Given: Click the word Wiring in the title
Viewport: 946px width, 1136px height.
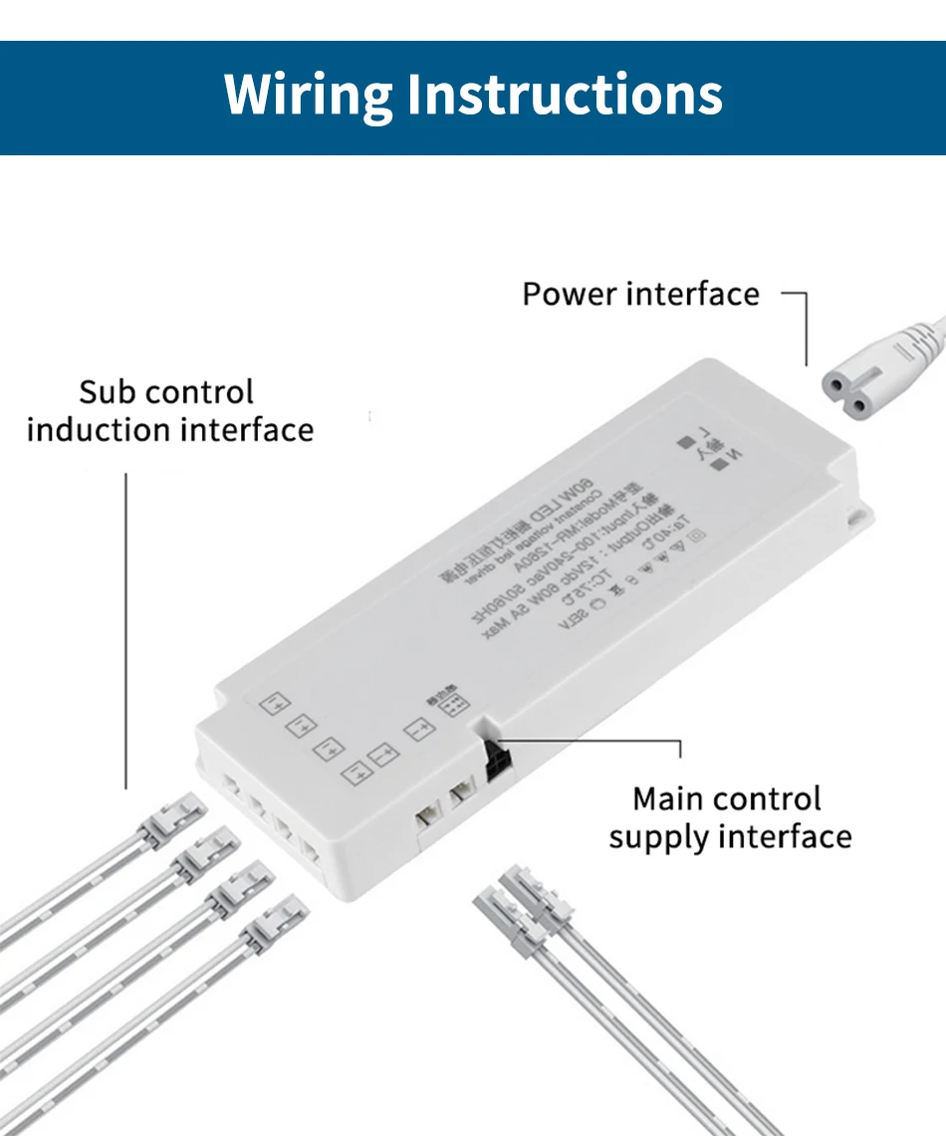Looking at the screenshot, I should tap(309, 97).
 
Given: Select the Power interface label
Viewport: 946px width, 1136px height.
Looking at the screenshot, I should tap(640, 295).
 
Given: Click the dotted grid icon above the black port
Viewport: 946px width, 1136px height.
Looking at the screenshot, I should tap(455, 705).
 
